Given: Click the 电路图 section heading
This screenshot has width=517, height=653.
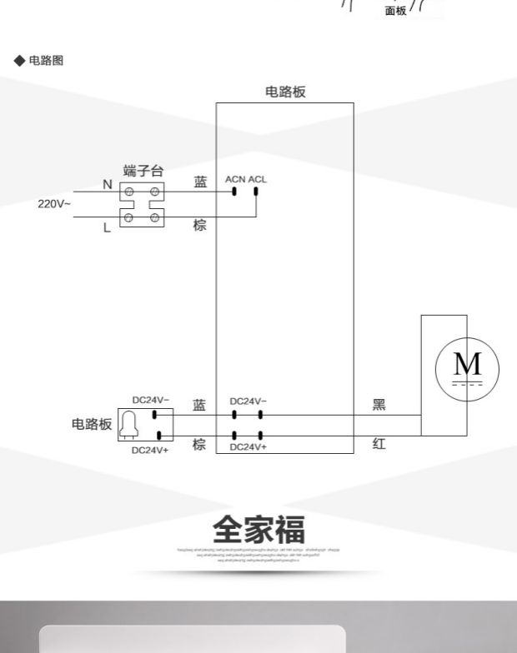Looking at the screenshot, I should pyautogui.click(x=46, y=61).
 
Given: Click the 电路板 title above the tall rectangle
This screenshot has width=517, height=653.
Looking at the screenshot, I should pyautogui.click(x=285, y=92).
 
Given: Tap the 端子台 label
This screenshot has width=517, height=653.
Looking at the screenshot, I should pyautogui.click(x=143, y=171).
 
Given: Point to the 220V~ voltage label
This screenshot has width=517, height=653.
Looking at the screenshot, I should pyautogui.click(x=54, y=204).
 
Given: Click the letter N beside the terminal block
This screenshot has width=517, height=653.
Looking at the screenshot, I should pyautogui.click(x=107, y=185).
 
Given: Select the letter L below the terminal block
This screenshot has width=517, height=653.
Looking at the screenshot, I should pyautogui.click(x=107, y=227).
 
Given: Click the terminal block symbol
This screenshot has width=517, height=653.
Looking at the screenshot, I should pyautogui.click(x=142, y=206).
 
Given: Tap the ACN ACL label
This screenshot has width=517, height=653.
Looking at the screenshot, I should pyautogui.click(x=246, y=179).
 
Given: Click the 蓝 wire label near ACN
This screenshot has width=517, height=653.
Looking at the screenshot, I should pyautogui.click(x=200, y=182).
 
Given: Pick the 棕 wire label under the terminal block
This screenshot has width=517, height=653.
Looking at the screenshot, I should pyautogui.click(x=200, y=226).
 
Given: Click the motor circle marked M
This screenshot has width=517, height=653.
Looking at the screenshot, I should pyautogui.click(x=467, y=367).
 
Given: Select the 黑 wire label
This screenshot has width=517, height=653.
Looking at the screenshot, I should pyautogui.click(x=379, y=406).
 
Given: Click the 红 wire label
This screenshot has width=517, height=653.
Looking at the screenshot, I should pyautogui.click(x=379, y=445).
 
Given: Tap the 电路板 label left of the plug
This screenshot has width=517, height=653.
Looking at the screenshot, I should pyautogui.click(x=91, y=424).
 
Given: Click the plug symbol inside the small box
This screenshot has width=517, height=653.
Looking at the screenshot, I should pyautogui.click(x=130, y=425).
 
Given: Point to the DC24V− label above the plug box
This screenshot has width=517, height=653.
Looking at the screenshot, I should pyautogui.click(x=150, y=400).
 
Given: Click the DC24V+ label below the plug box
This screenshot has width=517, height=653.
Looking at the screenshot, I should pyautogui.click(x=150, y=451).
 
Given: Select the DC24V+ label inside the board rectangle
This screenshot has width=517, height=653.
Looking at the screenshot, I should pyautogui.click(x=248, y=447).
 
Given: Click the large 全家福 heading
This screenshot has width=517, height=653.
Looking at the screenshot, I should pyautogui.click(x=258, y=529).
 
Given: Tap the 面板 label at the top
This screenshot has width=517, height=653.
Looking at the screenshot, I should pyautogui.click(x=395, y=11).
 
